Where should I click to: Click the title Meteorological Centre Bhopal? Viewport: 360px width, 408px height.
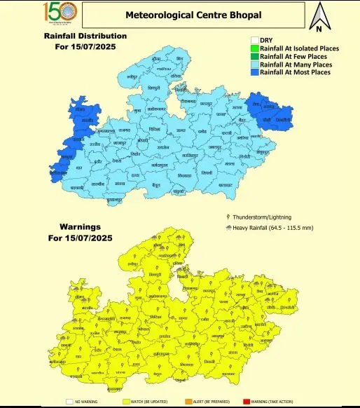click(193, 14)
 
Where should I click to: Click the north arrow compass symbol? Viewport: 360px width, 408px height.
click(319, 18)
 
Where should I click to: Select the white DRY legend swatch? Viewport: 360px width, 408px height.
click(254, 40)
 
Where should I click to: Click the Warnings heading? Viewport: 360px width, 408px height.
click(79, 227)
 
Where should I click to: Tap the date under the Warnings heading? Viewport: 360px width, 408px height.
click(81, 238)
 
